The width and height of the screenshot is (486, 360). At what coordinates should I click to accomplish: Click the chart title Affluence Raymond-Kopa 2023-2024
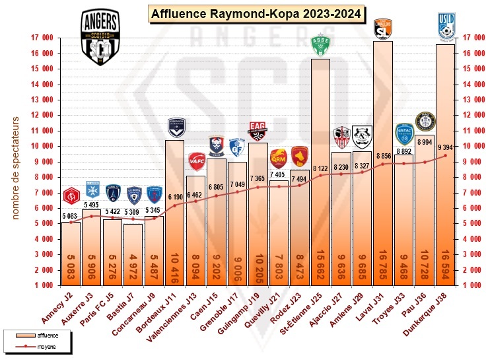[x=256, y=13]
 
